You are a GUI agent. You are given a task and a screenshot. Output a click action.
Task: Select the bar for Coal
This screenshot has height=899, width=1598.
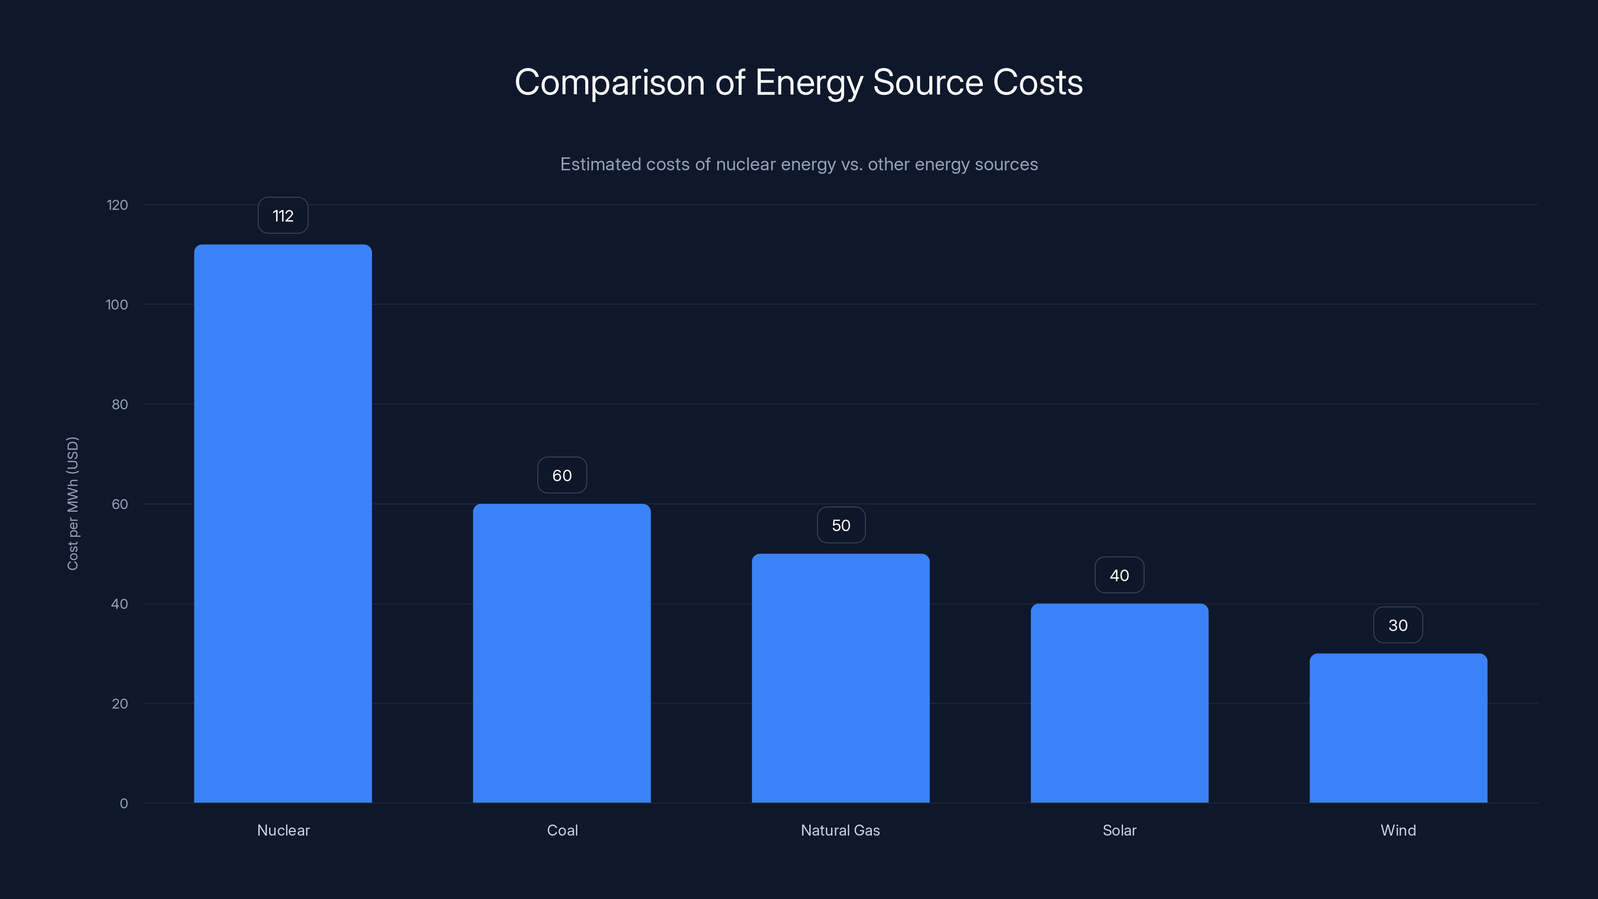point(561,653)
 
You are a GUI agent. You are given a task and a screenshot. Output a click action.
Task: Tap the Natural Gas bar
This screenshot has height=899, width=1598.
point(840,678)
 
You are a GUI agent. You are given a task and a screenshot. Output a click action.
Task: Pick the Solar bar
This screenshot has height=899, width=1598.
point(1119,702)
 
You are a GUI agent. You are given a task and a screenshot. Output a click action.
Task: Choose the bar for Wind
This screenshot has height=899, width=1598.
point(1398,727)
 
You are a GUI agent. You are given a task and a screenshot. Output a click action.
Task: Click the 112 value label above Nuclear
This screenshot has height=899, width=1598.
point(283,216)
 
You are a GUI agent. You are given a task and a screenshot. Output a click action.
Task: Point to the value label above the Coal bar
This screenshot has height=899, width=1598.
point(561,475)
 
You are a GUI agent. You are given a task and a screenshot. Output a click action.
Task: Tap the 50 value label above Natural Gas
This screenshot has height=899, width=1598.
point(840,525)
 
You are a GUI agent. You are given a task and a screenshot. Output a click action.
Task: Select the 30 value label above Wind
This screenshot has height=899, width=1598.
point(1398,625)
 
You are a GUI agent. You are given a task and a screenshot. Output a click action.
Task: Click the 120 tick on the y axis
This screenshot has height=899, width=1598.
point(117,205)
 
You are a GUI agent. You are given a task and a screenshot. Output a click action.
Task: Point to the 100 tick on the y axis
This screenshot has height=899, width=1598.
point(117,305)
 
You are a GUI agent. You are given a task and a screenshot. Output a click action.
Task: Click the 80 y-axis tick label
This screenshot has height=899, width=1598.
point(120,405)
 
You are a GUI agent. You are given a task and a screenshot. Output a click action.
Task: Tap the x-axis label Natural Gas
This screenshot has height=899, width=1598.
point(840,830)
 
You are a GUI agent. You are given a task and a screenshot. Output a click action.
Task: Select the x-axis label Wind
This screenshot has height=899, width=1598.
point(1398,830)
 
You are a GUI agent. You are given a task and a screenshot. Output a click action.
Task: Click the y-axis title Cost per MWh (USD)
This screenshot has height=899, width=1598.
point(72,503)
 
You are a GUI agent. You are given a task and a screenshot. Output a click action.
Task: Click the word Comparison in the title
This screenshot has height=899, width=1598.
point(609,82)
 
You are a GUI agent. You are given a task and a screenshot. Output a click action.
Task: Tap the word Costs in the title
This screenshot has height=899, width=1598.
point(1037,82)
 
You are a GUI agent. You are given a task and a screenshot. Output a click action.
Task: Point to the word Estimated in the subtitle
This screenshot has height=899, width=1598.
point(600,164)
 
